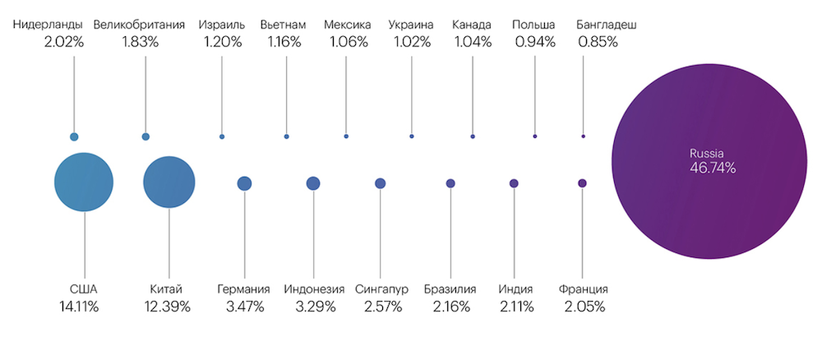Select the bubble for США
(84, 182)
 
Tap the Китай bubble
(169, 182)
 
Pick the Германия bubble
(244, 183)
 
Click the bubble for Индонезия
(313, 183)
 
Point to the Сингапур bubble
(380, 183)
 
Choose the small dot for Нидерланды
(74, 136)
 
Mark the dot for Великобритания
(145, 136)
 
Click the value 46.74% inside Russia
(713, 168)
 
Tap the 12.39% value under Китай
(170, 307)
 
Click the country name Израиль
(222, 25)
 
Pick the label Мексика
(348, 25)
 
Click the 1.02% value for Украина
(410, 42)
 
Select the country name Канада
(472, 25)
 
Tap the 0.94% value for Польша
(535, 42)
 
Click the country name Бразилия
(450, 289)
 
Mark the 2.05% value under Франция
(584, 307)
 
